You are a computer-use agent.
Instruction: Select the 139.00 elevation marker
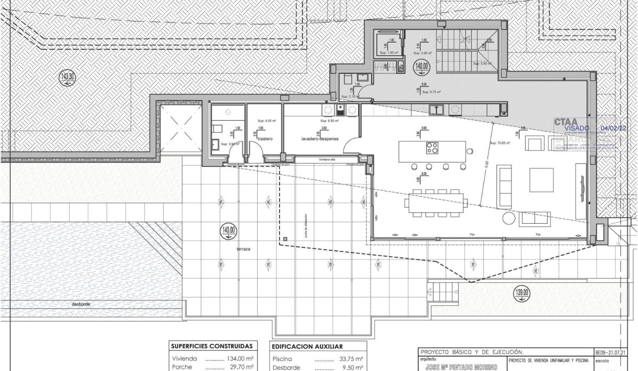(x=523, y=291)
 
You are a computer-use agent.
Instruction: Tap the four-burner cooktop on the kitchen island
(x=431, y=148)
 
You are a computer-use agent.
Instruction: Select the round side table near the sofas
(x=509, y=219)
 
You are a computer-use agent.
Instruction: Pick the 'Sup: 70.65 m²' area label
(x=500, y=143)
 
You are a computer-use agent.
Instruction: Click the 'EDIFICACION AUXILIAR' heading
(x=307, y=346)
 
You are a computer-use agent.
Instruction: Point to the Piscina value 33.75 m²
(x=351, y=358)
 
